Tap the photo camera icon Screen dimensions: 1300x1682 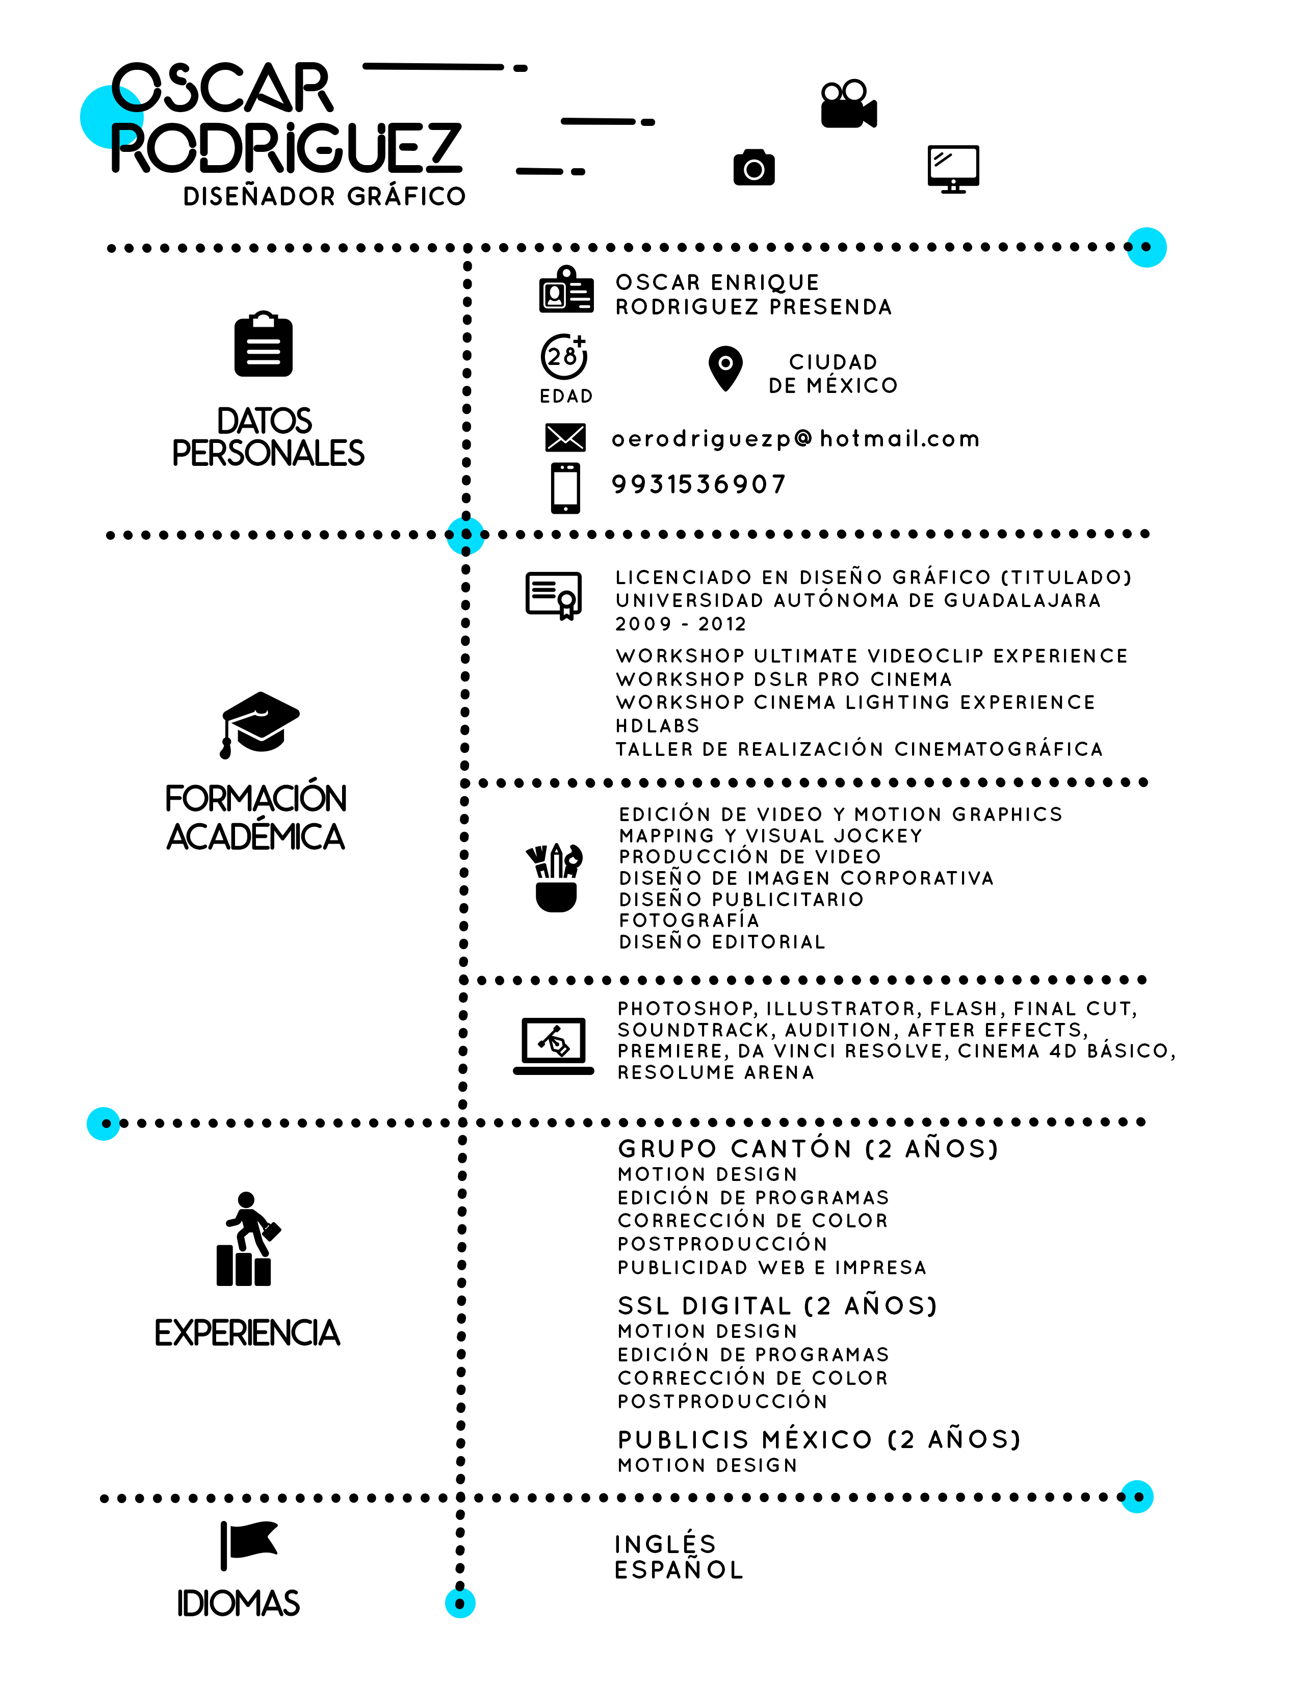click(x=754, y=167)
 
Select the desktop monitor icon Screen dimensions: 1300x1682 click(x=953, y=169)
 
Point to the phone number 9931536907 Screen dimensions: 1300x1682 click(x=698, y=484)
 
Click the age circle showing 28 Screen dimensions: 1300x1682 click(x=564, y=357)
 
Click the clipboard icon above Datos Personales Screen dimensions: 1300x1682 click(x=264, y=344)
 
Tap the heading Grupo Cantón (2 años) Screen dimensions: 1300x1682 click(x=809, y=1149)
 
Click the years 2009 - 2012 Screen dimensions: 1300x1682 click(x=681, y=624)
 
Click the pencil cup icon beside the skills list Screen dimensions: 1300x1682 click(x=555, y=878)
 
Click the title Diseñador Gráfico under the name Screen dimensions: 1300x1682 click(x=324, y=196)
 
